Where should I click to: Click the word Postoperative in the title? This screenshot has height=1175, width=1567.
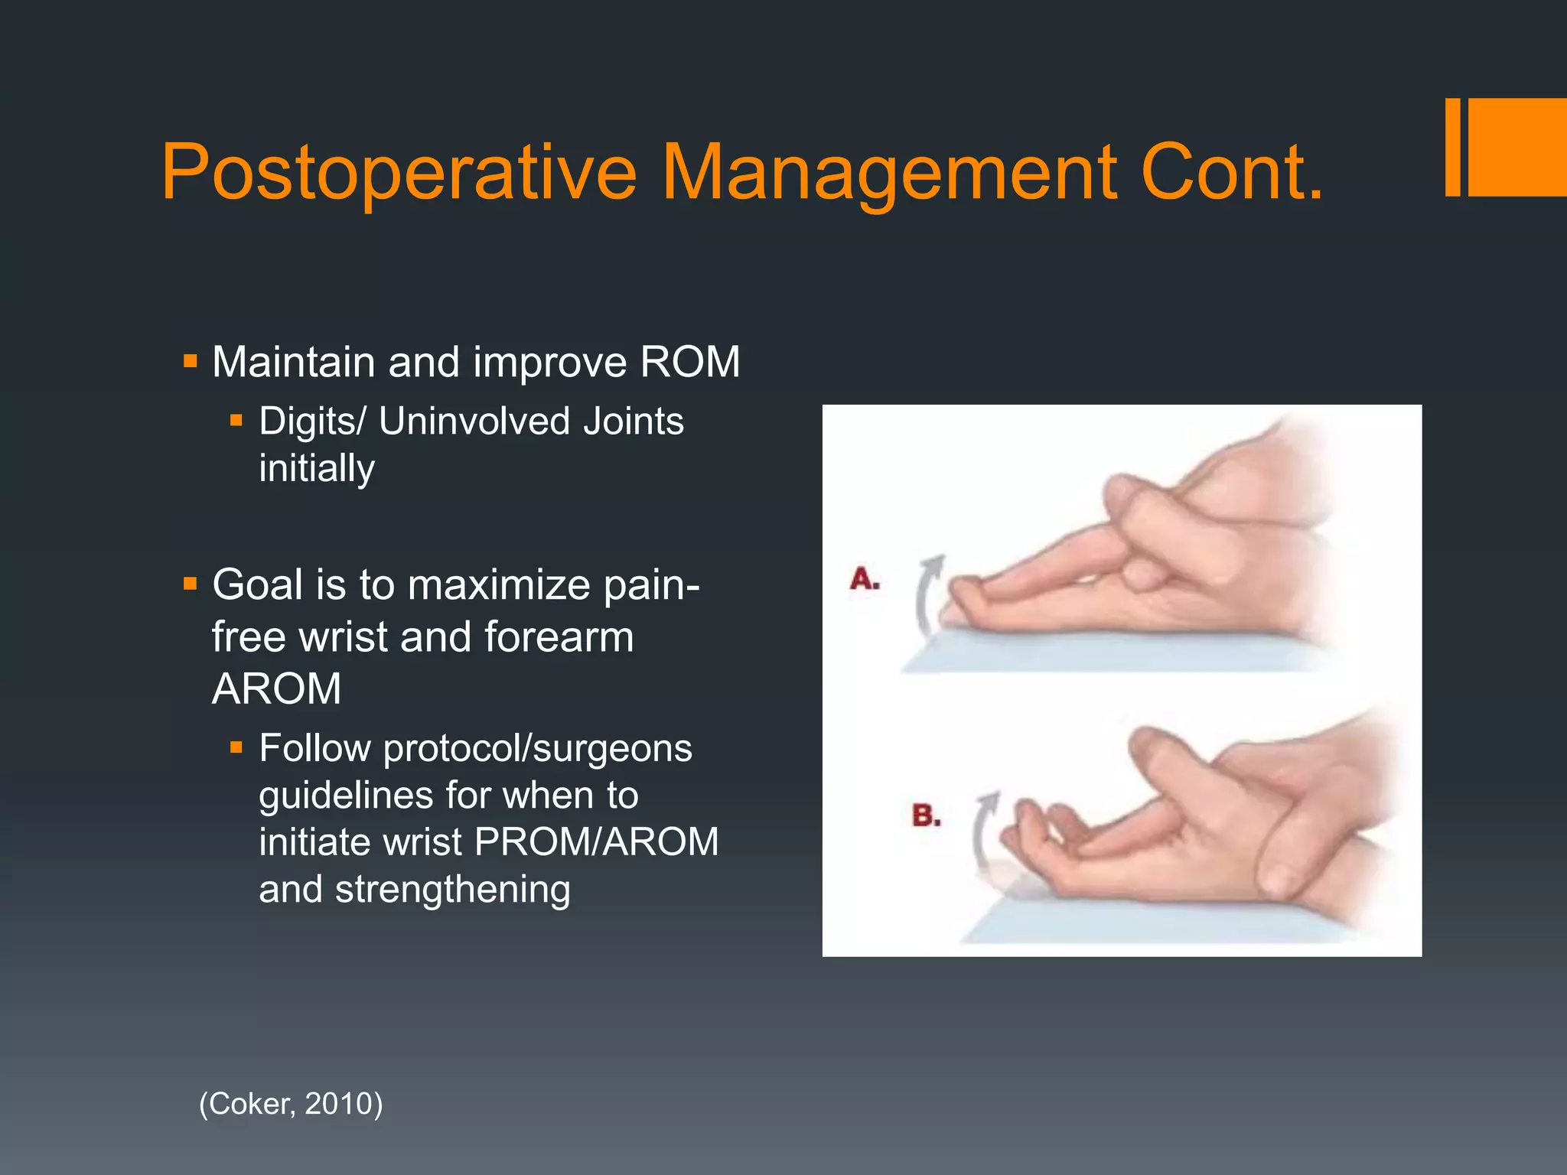click(x=399, y=173)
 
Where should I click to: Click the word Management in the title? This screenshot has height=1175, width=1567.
click(x=888, y=173)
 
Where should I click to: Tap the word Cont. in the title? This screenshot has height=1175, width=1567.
click(x=1231, y=173)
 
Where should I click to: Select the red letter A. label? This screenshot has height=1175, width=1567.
click(x=865, y=579)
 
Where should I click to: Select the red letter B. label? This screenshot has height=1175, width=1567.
click(x=927, y=815)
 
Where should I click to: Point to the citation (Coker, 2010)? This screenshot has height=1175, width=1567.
click(x=291, y=1104)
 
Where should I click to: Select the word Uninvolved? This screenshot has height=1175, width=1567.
click(x=474, y=422)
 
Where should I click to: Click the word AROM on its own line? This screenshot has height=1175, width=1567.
click(x=276, y=688)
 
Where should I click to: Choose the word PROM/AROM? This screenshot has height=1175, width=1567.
click(x=597, y=842)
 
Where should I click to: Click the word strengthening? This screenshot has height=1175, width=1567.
click(x=453, y=890)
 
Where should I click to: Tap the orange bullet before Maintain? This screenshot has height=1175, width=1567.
click(x=191, y=360)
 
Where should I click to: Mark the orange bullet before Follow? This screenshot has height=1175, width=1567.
click(x=236, y=747)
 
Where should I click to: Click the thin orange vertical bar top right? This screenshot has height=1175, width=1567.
click(x=1452, y=147)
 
